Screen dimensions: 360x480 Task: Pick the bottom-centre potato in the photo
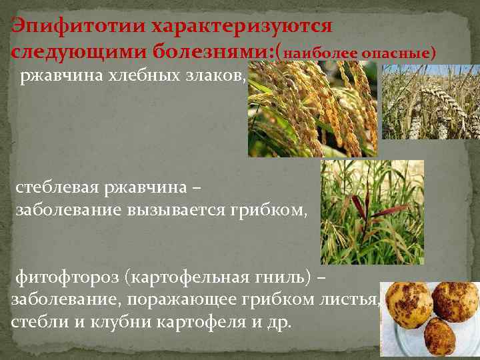[437, 337]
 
